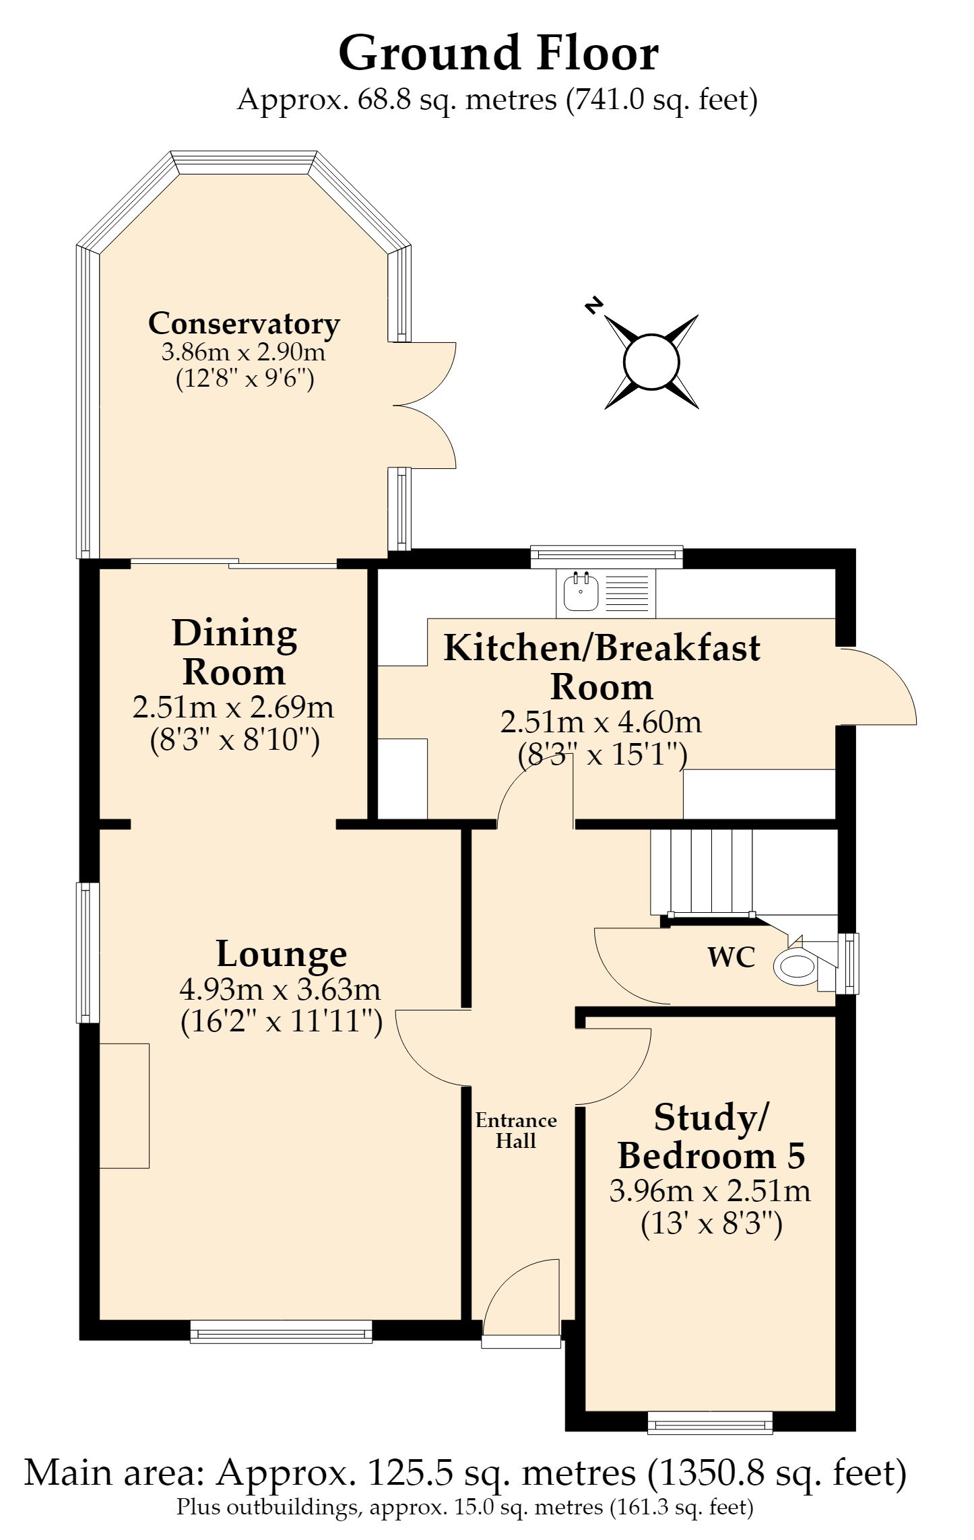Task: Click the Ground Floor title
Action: point(498,53)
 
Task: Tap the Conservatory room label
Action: point(244,323)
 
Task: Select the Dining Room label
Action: point(234,652)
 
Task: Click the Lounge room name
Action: point(282,954)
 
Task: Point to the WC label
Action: point(732,957)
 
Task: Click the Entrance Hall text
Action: point(516,1130)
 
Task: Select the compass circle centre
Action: point(651,362)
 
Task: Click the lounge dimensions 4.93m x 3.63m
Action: point(280,989)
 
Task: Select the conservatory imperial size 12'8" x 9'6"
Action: point(245,379)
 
